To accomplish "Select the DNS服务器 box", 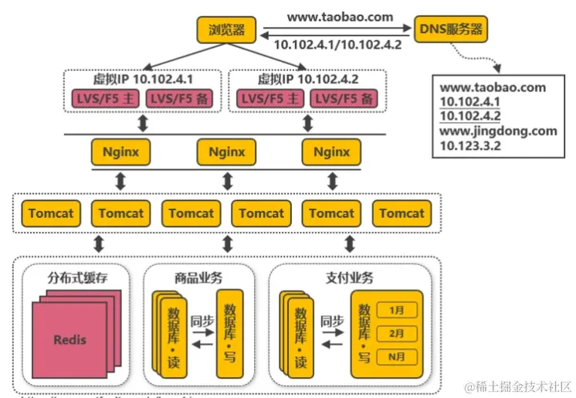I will point(451,29).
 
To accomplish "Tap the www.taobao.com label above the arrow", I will point(341,16).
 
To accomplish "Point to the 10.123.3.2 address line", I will point(471,145).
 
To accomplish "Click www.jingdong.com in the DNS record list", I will point(498,131).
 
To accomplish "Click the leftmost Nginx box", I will point(120,151).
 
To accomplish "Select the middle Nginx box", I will point(226,151).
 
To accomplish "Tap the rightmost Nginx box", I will point(332,151).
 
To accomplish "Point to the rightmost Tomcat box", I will point(402,213).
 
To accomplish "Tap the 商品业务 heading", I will point(198,277).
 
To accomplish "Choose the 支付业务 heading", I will point(347,277).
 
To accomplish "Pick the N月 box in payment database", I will point(397,356).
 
